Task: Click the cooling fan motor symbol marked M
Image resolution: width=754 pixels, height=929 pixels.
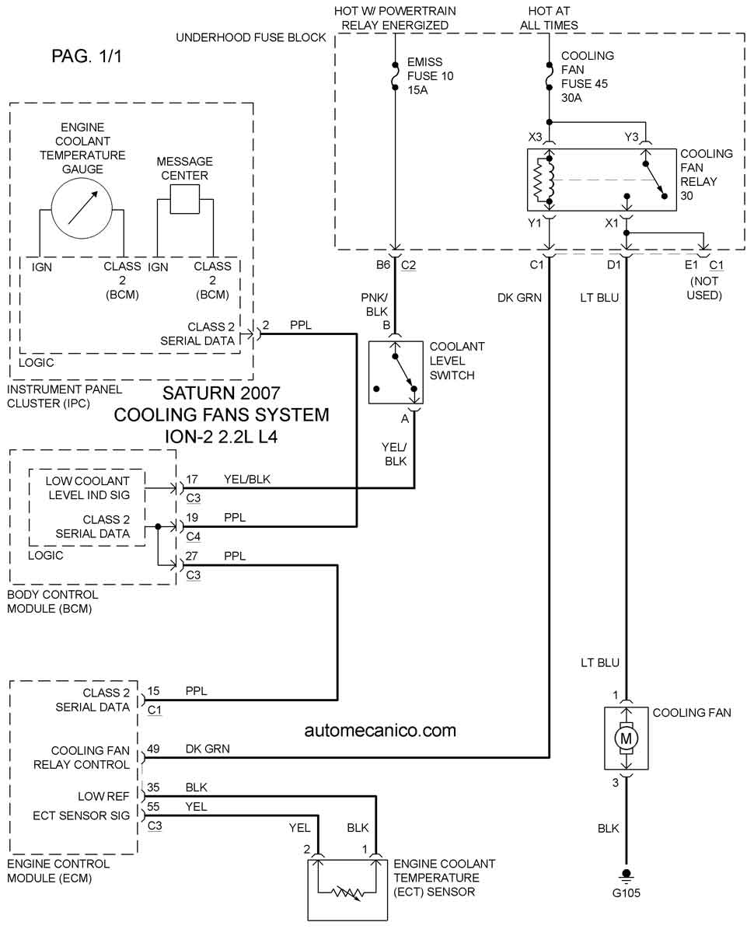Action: point(626,739)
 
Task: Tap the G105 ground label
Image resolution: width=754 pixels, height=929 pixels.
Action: point(626,893)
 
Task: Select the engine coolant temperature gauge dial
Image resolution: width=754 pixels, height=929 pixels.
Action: point(82,208)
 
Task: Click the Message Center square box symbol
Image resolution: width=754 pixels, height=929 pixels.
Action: point(185,198)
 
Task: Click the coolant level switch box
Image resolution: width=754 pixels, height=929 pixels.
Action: point(396,372)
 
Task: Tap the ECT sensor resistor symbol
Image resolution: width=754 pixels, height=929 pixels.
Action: point(347,892)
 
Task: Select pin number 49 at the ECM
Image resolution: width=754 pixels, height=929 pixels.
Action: point(153,749)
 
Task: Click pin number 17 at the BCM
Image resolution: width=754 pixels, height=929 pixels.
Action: point(192,480)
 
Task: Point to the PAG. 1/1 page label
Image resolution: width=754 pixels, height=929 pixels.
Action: point(86,56)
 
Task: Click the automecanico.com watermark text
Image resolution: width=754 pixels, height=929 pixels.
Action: point(380,731)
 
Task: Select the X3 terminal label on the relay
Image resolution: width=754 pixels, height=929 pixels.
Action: point(535,137)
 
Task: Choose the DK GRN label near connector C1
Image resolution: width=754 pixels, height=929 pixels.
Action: point(519,298)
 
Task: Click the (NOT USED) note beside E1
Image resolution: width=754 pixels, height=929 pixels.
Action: point(704,288)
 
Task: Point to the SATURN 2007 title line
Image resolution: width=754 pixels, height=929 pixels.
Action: point(221,393)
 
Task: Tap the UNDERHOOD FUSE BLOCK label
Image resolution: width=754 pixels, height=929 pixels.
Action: point(251,37)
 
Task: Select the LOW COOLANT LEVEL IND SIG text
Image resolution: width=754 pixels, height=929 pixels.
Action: point(88,488)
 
